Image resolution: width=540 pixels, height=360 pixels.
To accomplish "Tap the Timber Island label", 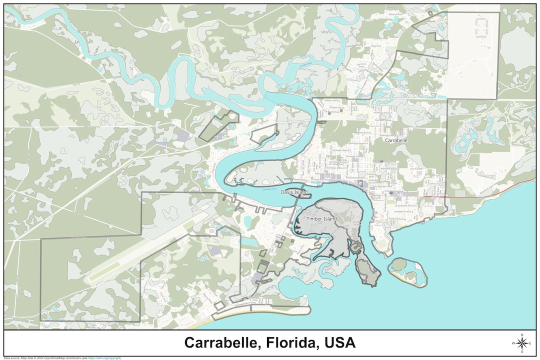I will (321, 219).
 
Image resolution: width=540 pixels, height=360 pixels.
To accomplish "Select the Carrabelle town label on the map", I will (396, 141).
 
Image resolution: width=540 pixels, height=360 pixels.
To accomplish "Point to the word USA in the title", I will (339, 343).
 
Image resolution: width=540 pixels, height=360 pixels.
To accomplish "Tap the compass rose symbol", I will (522, 343).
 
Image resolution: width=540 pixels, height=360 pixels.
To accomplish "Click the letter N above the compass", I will (522, 334).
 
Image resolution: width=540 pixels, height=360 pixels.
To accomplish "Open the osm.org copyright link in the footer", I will (104, 358).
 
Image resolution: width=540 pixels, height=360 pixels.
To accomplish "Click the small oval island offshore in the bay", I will (408, 271).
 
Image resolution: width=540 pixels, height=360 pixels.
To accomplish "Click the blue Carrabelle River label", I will (270, 189).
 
